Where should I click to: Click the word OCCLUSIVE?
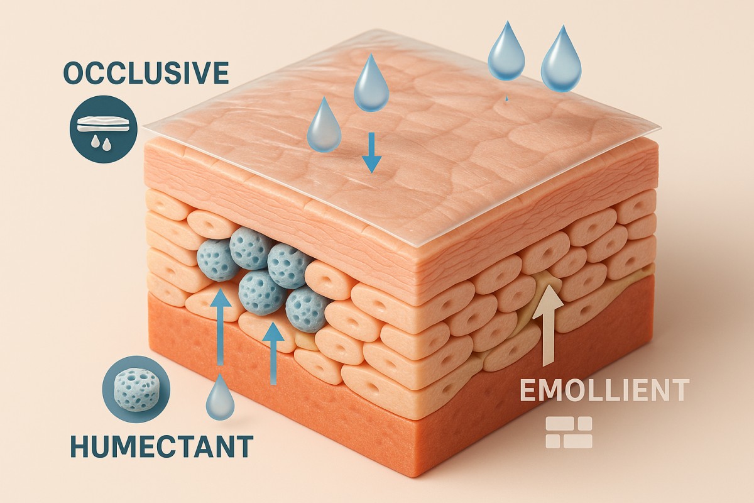coord(145,74)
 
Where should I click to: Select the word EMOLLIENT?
coord(604,390)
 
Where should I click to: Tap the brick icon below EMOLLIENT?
coord(569,433)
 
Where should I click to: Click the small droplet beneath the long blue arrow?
coord(221,398)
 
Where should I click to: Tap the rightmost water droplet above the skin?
coord(561,60)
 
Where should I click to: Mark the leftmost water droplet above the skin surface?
coord(324,126)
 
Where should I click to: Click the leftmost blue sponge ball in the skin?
coord(217,260)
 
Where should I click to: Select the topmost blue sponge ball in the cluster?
coord(251,248)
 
